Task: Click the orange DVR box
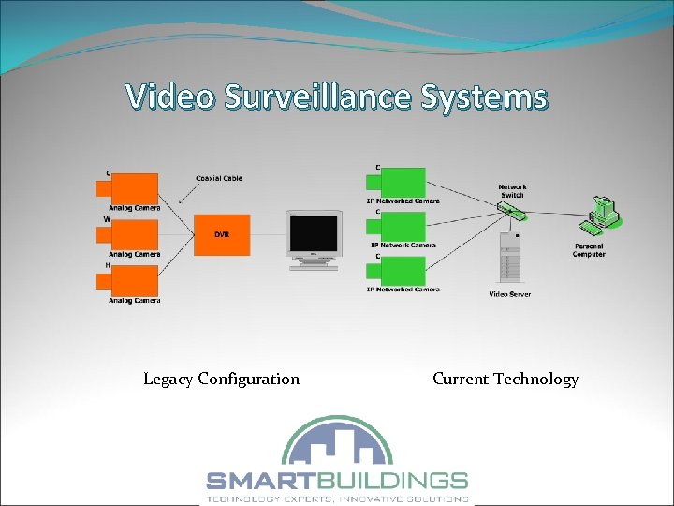point(223,233)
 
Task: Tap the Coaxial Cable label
point(218,178)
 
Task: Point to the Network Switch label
point(512,190)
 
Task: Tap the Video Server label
point(509,294)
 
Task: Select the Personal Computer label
point(589,250)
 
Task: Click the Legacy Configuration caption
point(221,379)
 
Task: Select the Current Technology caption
point(505,379)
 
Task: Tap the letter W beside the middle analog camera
point(108,220)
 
